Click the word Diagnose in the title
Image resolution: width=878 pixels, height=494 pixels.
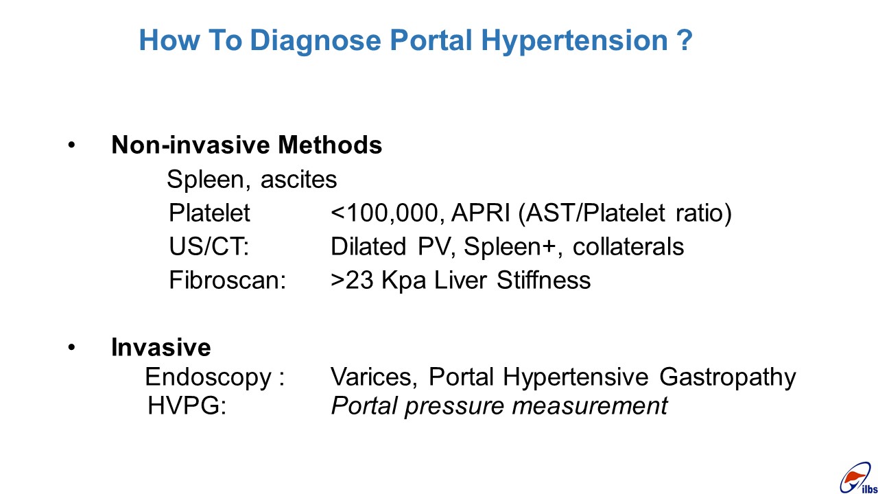click(x=315, y=40)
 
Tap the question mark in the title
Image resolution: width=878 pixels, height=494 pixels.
click(x=685, y=39)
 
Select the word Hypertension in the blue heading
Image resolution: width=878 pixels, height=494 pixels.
click(x=574, y=40)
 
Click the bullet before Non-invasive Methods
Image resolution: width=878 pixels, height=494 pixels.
click(x=71, y=145)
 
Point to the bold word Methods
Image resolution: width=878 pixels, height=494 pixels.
click(x=330, y=145)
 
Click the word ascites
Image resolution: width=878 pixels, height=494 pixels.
click(x=298, y=180)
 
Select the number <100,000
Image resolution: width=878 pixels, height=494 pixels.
click(x=388, y=213)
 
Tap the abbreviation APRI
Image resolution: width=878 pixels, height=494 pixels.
click(x=481, y=213)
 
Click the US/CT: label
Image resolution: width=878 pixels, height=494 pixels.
click(x=209, y=246)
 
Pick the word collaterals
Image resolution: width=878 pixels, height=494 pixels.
click(x=628, y=246)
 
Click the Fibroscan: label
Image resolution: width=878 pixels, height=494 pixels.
click(x=227, y=280)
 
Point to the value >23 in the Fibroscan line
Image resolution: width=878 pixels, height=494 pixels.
click(x=352, y=280)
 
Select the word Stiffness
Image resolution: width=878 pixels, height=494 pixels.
click(x=543, y=280)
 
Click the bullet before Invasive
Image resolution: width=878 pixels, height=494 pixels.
click(x=71, y=347)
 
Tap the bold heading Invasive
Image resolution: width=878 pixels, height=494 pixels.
click(x=161, y=347)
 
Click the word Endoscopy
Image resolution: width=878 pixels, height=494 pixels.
click(x=208, y=377)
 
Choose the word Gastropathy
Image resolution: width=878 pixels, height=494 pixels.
click(x=727, y=377)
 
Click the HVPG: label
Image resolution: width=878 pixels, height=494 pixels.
click(x=187, y=405)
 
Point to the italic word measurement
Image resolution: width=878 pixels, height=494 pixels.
click(x=589, y=405)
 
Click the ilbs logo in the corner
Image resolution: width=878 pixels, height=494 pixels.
click(x=858, y=478)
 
